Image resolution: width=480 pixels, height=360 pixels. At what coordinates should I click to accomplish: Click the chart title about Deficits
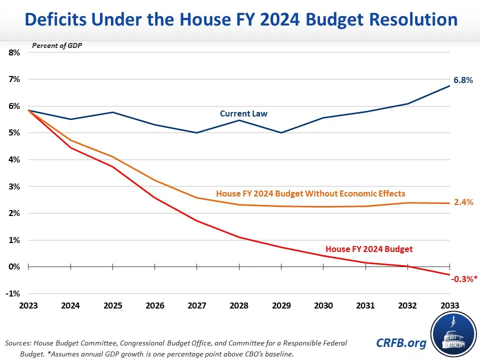point(240,20)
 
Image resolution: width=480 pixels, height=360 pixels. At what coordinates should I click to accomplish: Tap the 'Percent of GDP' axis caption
point(57,45)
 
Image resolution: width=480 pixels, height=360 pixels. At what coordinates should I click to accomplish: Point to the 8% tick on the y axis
point(13,52)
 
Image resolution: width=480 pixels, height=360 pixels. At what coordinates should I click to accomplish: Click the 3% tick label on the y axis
point(13,186)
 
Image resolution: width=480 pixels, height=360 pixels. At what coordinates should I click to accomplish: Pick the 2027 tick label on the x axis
point(196,305)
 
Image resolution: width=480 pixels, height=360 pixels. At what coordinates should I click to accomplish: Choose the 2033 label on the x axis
point(448,305)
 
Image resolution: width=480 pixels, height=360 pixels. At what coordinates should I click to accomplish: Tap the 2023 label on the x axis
point(28,305)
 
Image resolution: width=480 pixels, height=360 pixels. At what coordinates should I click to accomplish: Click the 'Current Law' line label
point(243,113)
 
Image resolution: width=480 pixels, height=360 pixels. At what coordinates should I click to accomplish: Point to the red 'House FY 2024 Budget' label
point(369,248)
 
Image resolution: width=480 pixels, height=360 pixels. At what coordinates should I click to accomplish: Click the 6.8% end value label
point(462,80)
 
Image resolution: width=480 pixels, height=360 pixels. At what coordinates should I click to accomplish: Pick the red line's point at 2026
point(154,198)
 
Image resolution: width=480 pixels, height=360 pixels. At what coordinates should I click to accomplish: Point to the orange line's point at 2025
point(112,157)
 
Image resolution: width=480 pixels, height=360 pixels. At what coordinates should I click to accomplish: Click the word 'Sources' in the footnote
point(19,343)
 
